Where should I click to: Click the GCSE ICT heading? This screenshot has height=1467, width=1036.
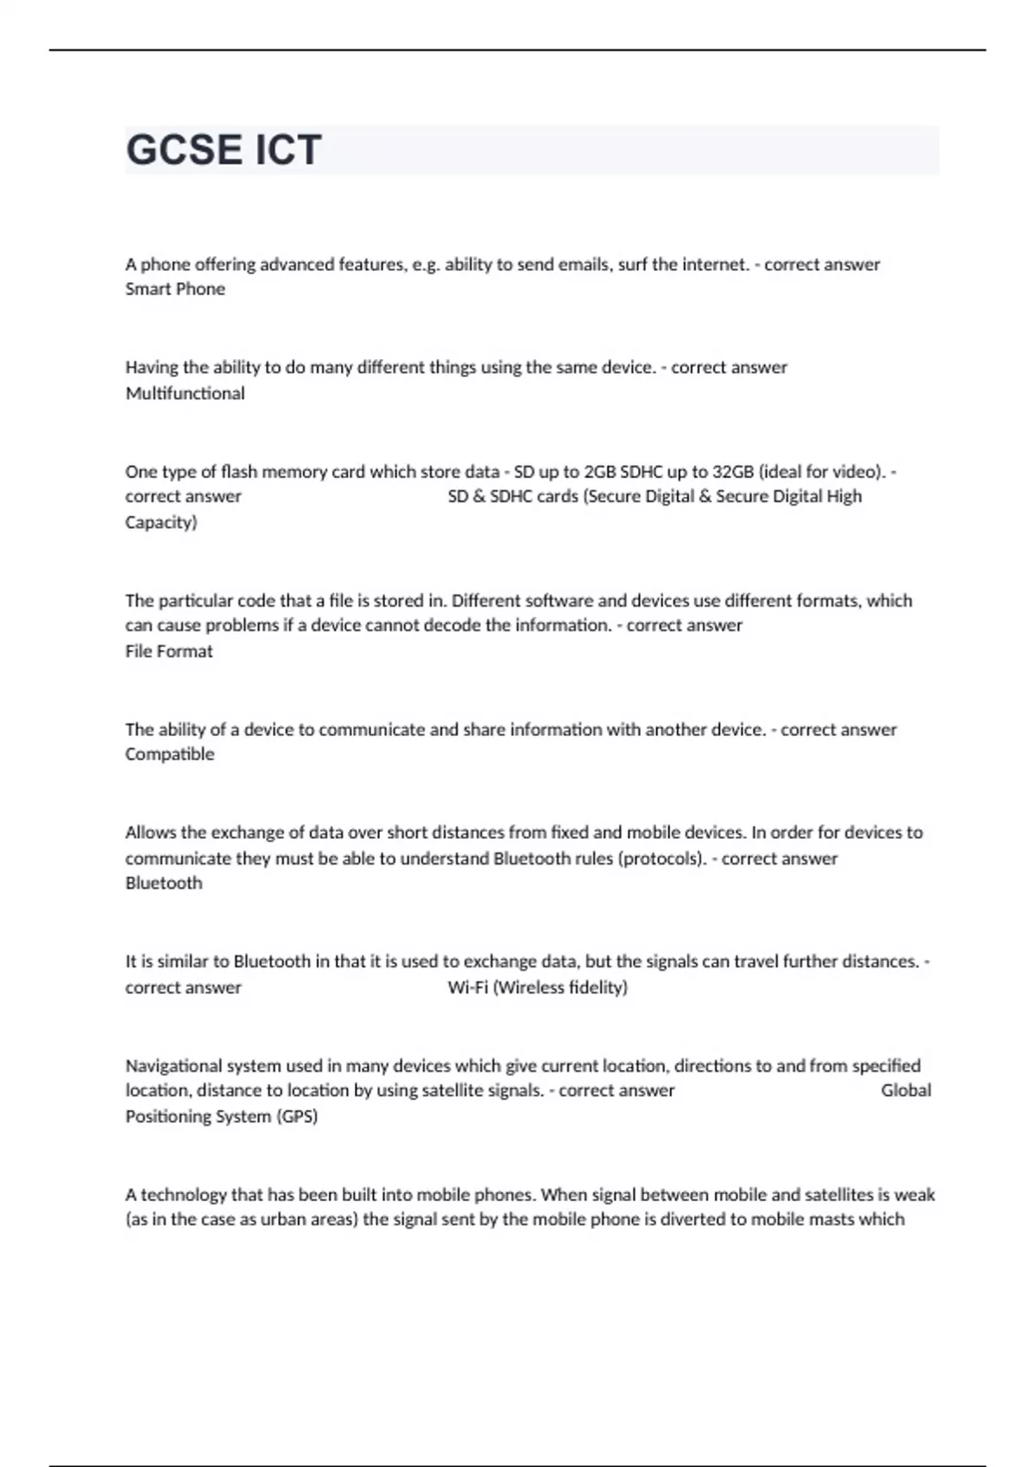click(x=224, y=150)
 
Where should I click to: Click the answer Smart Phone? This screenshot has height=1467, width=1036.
click(x=175, y=289)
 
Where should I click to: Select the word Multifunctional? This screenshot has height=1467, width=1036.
click(x=185, y=394)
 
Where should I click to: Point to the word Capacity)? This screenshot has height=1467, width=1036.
click(x=161, y=522)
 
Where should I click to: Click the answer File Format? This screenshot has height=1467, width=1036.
click(x=169, y=652)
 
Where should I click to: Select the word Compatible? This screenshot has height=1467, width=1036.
click(x=170, y=754)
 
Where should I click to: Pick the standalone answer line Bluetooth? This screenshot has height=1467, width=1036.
click(x=164, y=884)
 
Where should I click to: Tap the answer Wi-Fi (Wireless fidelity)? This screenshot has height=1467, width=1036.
click(x=537, y=987)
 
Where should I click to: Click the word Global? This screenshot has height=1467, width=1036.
click(x=906, y=1091)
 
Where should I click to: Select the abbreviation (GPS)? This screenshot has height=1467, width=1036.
click(x=297, y=1117)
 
